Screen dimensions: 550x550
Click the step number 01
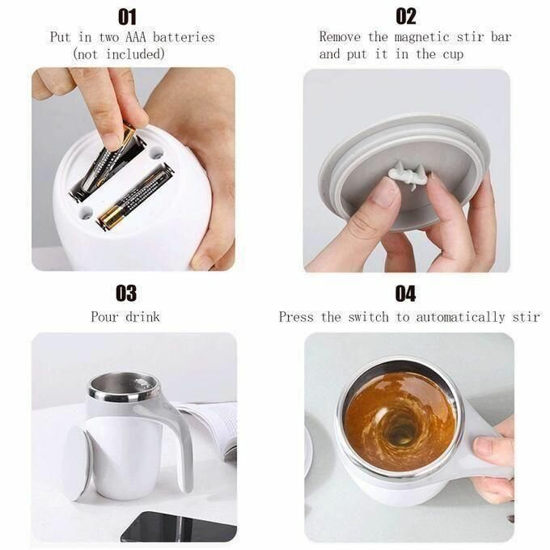127,16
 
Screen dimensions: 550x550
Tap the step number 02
406,16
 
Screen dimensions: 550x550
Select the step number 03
127,293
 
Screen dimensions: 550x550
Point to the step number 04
405,293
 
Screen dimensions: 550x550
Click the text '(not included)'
119,54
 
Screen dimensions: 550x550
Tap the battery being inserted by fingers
113,158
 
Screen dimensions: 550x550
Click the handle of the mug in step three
180,437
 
